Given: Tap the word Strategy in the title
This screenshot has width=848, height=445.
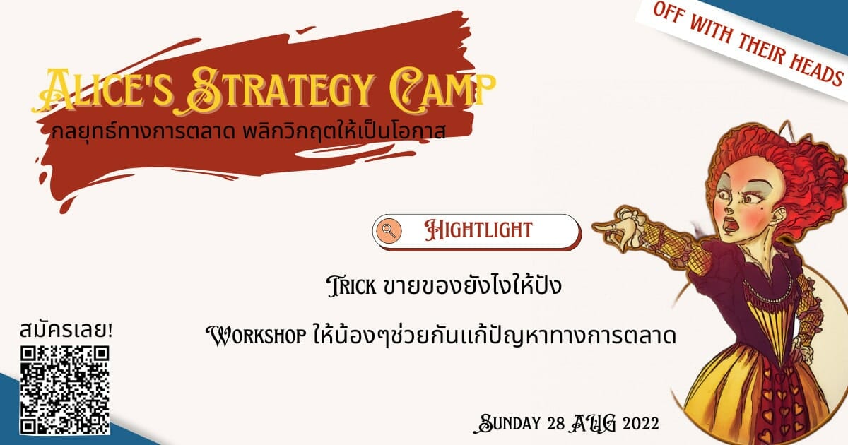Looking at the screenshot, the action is (278, 91).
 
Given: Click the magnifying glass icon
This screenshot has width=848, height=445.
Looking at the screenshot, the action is (389, 230).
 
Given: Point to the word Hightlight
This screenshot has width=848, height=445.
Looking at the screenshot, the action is (478, 230).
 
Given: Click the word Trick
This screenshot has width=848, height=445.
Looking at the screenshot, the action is (352, 287).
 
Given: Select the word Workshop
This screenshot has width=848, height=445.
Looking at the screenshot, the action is (257, 336).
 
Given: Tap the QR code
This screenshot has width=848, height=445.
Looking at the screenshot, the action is (65, 390).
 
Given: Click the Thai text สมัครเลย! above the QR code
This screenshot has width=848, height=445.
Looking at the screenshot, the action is (66, 330).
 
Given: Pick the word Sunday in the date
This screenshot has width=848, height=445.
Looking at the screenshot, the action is (507, 423).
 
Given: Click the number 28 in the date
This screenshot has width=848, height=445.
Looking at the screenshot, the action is (556, 423).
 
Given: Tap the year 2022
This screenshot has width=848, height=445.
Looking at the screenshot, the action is (640, 423).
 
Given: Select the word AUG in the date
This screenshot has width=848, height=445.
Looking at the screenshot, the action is (593, 423).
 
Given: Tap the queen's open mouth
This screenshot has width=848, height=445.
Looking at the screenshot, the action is (728, 225).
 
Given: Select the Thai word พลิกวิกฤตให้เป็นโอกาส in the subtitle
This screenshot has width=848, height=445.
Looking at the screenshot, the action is (344, 131).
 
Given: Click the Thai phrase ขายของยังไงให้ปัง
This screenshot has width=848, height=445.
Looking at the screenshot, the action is (472, 285).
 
